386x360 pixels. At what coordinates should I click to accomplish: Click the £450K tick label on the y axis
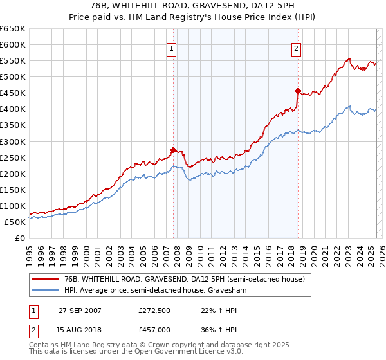[13, 93]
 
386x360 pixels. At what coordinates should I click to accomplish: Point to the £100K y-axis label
[13, 206]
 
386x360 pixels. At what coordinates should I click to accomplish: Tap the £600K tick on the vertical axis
[13, 44]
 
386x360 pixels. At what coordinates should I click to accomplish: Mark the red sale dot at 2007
[173, 150]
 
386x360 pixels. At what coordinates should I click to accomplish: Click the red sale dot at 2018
[298, 91]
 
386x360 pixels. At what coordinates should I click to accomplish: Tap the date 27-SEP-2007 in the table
[80, 310]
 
